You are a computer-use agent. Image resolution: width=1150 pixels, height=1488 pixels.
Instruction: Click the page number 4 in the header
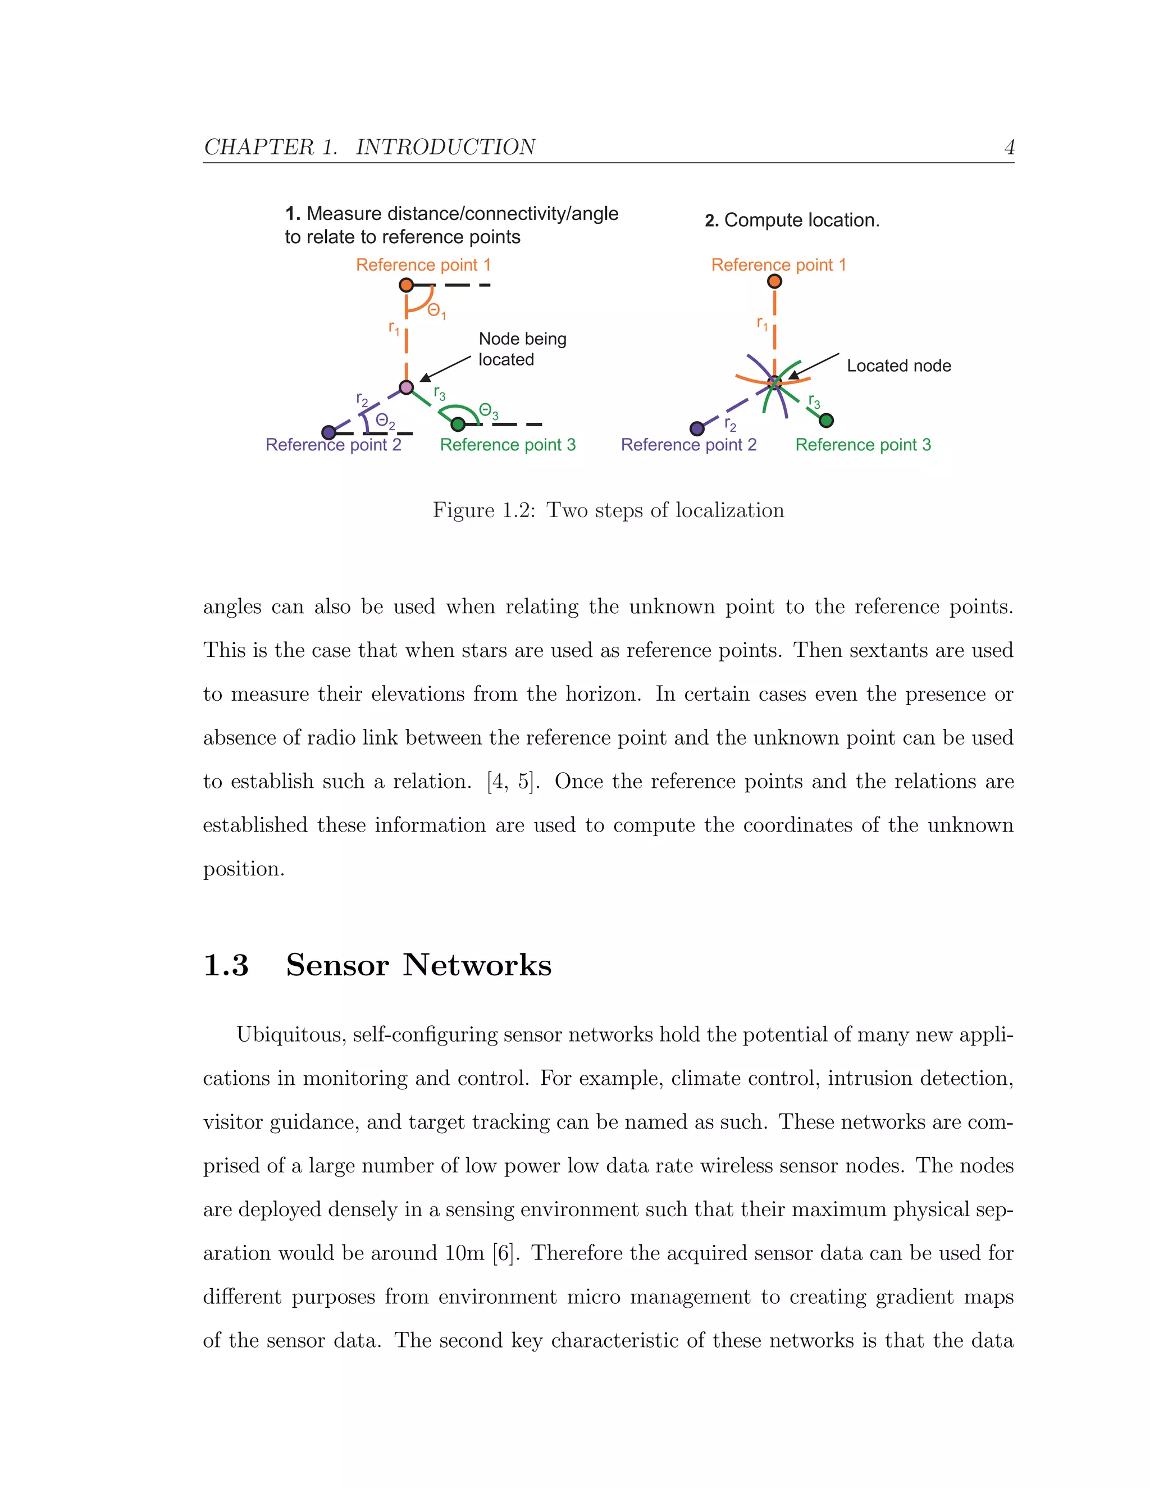point(1009,147)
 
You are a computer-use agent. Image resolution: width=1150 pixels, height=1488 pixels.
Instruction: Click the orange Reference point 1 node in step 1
point(406,285)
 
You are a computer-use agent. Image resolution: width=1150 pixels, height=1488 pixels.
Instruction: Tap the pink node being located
point(406,387)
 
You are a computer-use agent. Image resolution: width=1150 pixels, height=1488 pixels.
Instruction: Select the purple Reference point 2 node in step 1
point(328,432)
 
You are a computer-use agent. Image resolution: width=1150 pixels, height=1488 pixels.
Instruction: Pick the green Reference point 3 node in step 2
point(827,421)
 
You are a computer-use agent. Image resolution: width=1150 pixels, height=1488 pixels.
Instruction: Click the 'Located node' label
point(898,366)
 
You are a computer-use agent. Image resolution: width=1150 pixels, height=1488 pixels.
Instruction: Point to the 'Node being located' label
point(522,349)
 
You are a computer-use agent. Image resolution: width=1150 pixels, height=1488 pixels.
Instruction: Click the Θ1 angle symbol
point(436,312)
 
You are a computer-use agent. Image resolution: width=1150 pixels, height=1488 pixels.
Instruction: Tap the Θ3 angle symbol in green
point(488,411)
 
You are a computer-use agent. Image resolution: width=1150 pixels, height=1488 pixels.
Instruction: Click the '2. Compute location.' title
point(792,220)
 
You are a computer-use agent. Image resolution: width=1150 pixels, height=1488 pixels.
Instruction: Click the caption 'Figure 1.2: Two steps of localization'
point(608,510)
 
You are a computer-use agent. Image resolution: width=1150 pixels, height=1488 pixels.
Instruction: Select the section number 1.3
point(226,965)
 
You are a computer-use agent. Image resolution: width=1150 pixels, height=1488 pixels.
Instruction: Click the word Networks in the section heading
point(476,965)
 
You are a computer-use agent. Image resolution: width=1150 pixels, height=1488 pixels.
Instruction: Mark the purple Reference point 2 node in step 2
point(697,428)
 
